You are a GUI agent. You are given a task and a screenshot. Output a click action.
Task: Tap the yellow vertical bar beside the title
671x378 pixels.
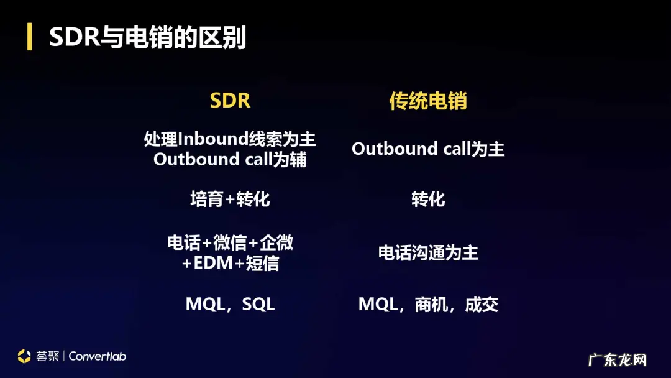tap(29, 38)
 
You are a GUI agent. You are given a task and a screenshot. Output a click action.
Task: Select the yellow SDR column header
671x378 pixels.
tap(230, 101)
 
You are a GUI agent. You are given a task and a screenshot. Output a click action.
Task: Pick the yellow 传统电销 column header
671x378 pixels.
tap(428, 101)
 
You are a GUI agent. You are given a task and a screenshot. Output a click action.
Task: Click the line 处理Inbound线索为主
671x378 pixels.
tap(230, 139)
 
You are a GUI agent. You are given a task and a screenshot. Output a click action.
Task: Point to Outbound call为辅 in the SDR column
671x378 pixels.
tap(230, 159)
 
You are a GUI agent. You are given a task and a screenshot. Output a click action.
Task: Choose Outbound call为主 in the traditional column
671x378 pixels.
tap(428, 149)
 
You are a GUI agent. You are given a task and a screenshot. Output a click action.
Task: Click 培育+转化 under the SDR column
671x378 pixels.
tap(230, 199)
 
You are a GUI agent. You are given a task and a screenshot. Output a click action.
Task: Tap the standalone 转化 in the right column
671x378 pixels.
tap(428, 199)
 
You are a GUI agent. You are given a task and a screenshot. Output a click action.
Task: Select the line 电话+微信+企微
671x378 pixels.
tap(230, 242)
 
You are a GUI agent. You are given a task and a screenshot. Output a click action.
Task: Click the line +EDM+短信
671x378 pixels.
tap(230, 263)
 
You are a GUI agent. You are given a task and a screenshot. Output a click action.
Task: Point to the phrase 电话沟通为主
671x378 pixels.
tap(428, 253)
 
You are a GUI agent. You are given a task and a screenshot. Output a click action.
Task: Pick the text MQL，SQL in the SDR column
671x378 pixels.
tap(230, 305)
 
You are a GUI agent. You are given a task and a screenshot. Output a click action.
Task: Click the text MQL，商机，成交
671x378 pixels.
tap(428, 305)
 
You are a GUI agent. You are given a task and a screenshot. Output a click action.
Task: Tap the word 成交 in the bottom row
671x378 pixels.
tap(482, 305)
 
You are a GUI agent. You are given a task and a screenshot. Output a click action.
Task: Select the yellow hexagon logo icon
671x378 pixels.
tap(24, 356)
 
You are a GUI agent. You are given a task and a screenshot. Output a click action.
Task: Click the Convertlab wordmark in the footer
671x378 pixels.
tap(97, 356)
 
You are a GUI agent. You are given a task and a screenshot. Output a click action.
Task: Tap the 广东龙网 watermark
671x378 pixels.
tap(618, 359)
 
